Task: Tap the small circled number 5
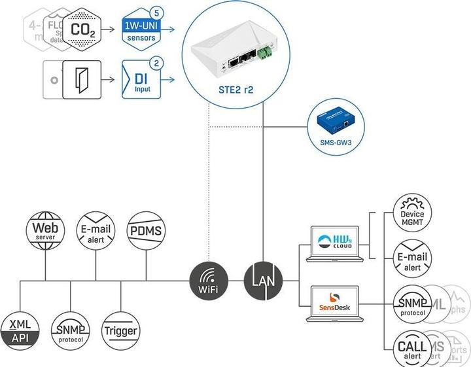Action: pos(155,12)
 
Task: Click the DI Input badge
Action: pos(139,80)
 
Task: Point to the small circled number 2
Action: pos(156,63)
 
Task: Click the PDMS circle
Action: pos(147,230)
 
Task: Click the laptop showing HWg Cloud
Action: pos(334,241)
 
